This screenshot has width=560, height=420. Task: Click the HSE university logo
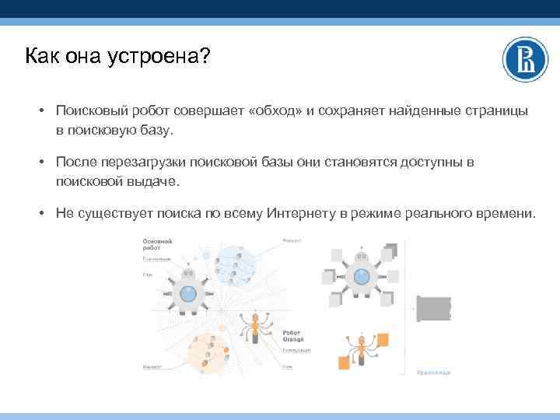tap(525, 59)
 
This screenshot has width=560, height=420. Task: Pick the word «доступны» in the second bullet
tap(430, 163)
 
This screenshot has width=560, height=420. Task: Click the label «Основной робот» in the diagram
tap(156, 245)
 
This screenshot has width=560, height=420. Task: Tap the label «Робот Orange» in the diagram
tap(293, 335)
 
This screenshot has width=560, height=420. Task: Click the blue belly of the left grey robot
tap(187, 293)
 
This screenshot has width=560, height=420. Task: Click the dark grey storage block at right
tap(433, 309)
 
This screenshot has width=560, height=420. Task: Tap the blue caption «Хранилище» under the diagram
tap(433, 373)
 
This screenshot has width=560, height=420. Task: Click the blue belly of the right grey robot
tap(360, 275)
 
